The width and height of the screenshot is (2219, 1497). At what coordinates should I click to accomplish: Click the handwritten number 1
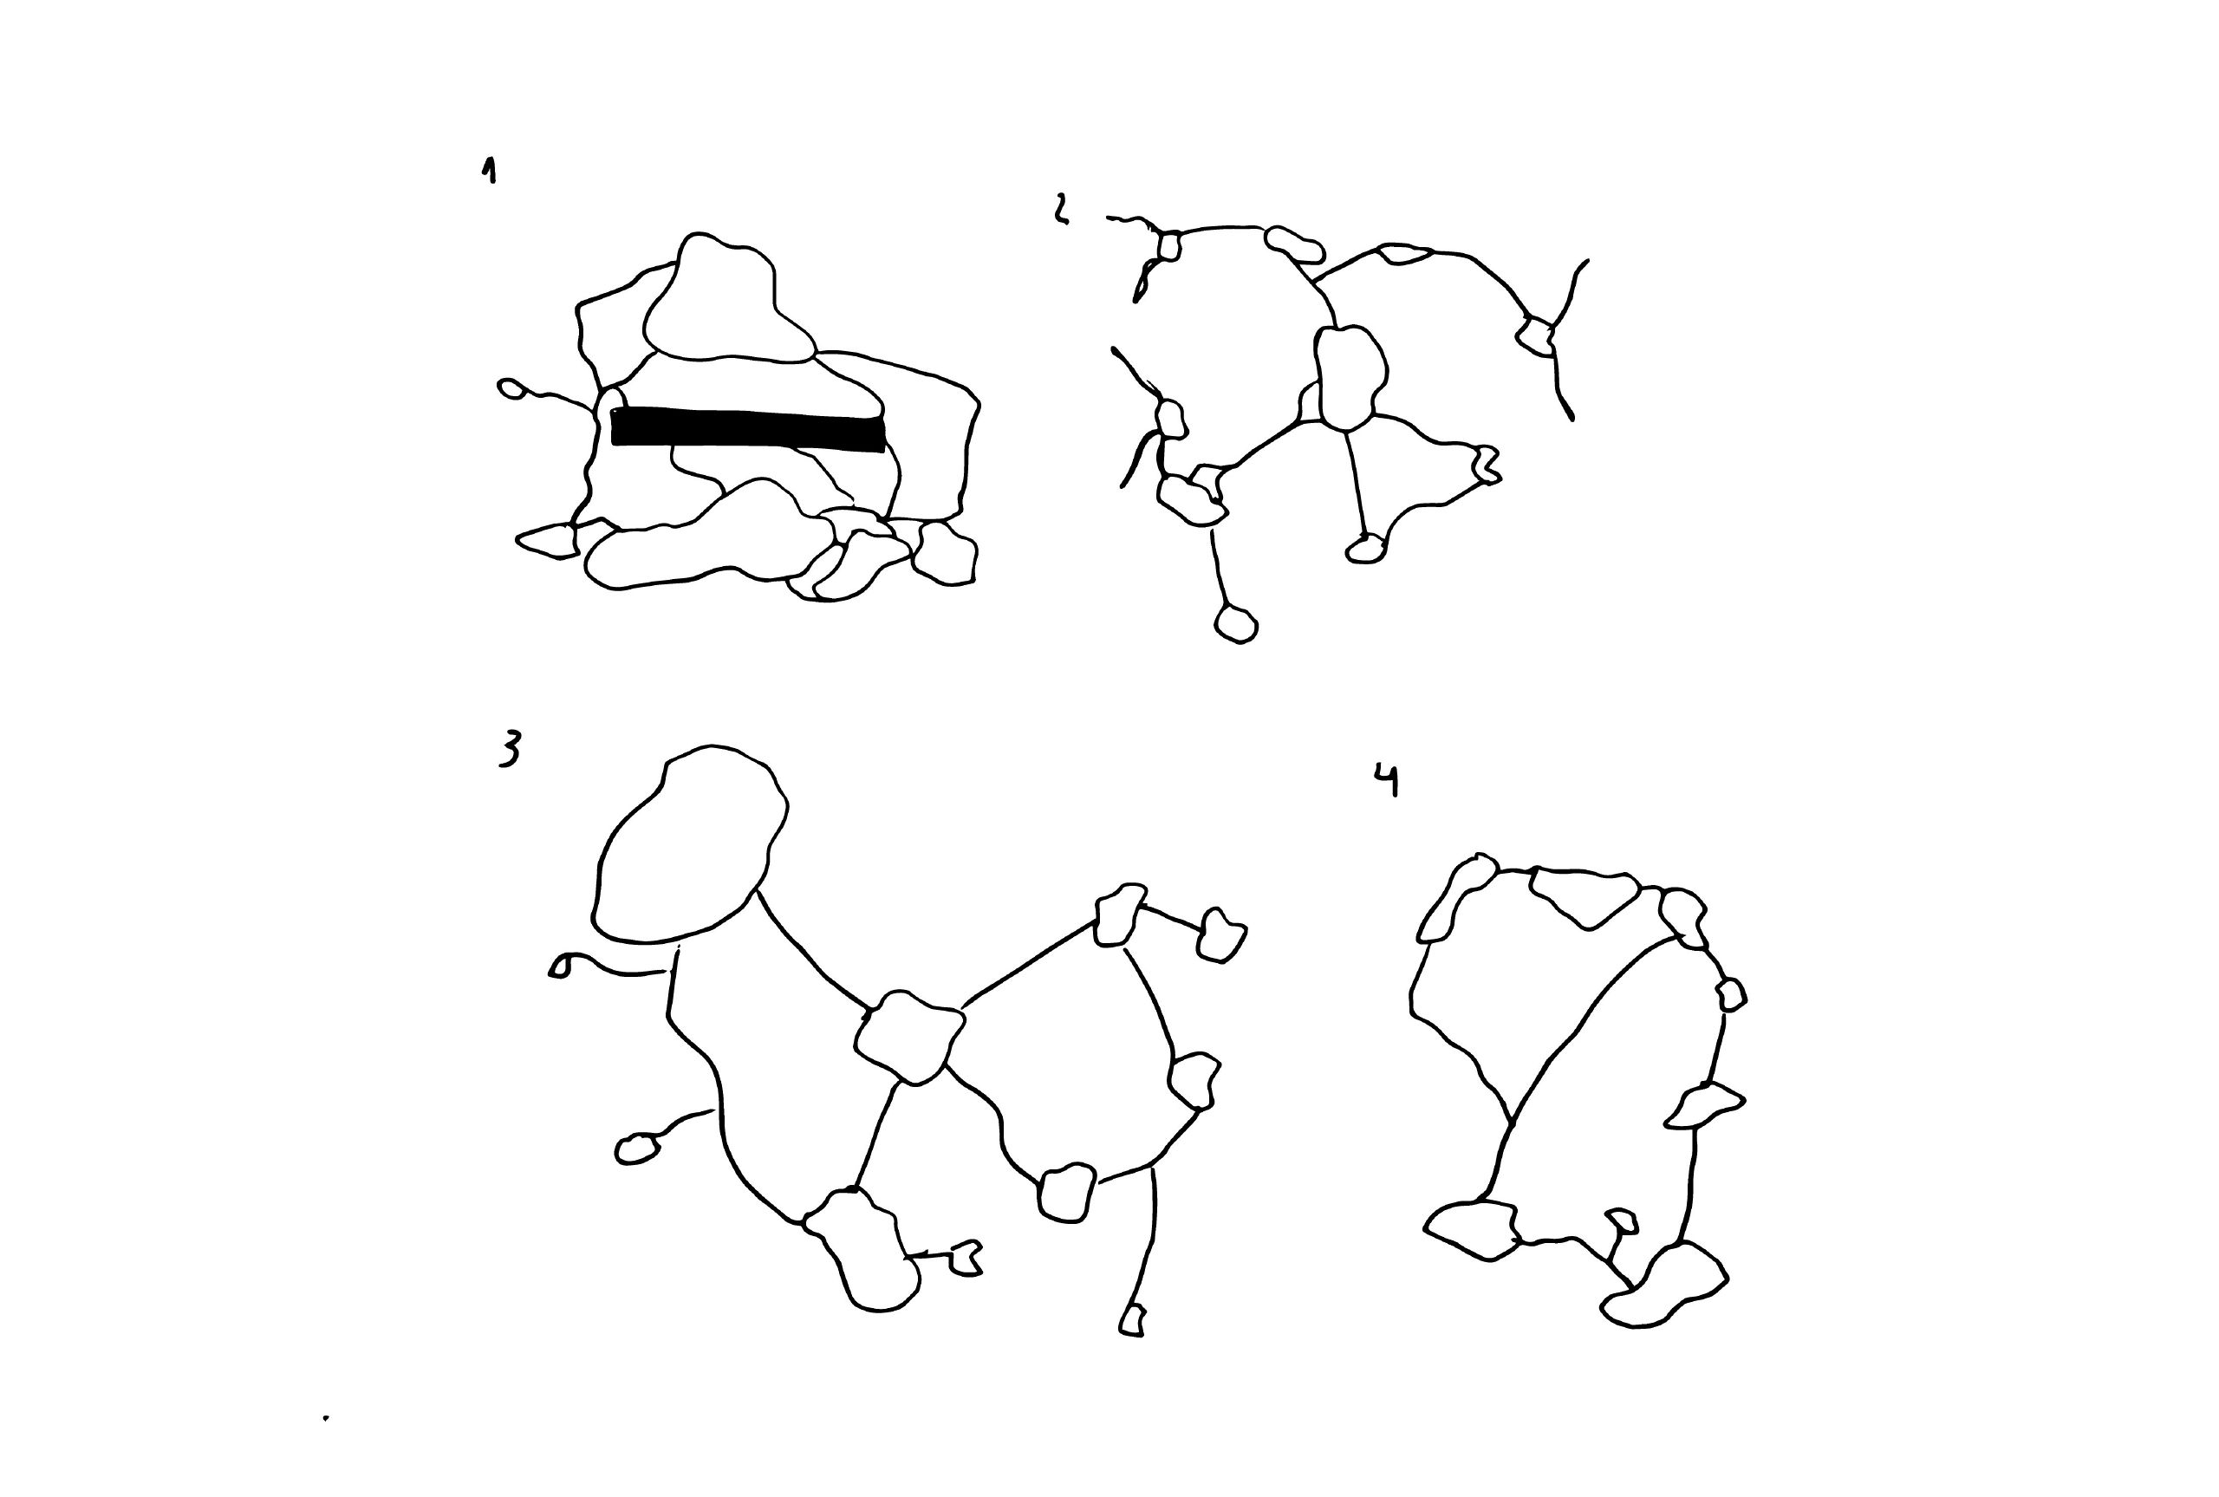[x=490, y=171]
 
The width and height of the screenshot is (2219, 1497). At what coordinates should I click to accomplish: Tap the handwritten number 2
[x=1060, y=209]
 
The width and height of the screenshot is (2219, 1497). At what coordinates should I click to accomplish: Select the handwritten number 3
[x=511, y=750]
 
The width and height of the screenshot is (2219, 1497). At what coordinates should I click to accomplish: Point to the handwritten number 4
[x=1387, y=779]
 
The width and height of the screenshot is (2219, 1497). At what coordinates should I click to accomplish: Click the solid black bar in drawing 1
[x=747, y=427]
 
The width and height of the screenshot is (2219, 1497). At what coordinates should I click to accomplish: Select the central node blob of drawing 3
[x=908, y=1037]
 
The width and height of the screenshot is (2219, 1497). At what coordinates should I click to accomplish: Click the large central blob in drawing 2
[x=1350, y=378]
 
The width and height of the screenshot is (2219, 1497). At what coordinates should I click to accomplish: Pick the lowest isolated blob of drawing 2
[x=1236, y=624]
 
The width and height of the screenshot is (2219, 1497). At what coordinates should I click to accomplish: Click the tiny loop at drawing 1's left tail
[x=512, y=388]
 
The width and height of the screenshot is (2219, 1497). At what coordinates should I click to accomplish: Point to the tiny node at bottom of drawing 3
[x=1132, y=1321]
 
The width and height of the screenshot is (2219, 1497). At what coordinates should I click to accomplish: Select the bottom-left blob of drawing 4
[x=1470, y=1231]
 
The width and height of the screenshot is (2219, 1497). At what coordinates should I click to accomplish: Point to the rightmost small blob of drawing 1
[x=945, y=553]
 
